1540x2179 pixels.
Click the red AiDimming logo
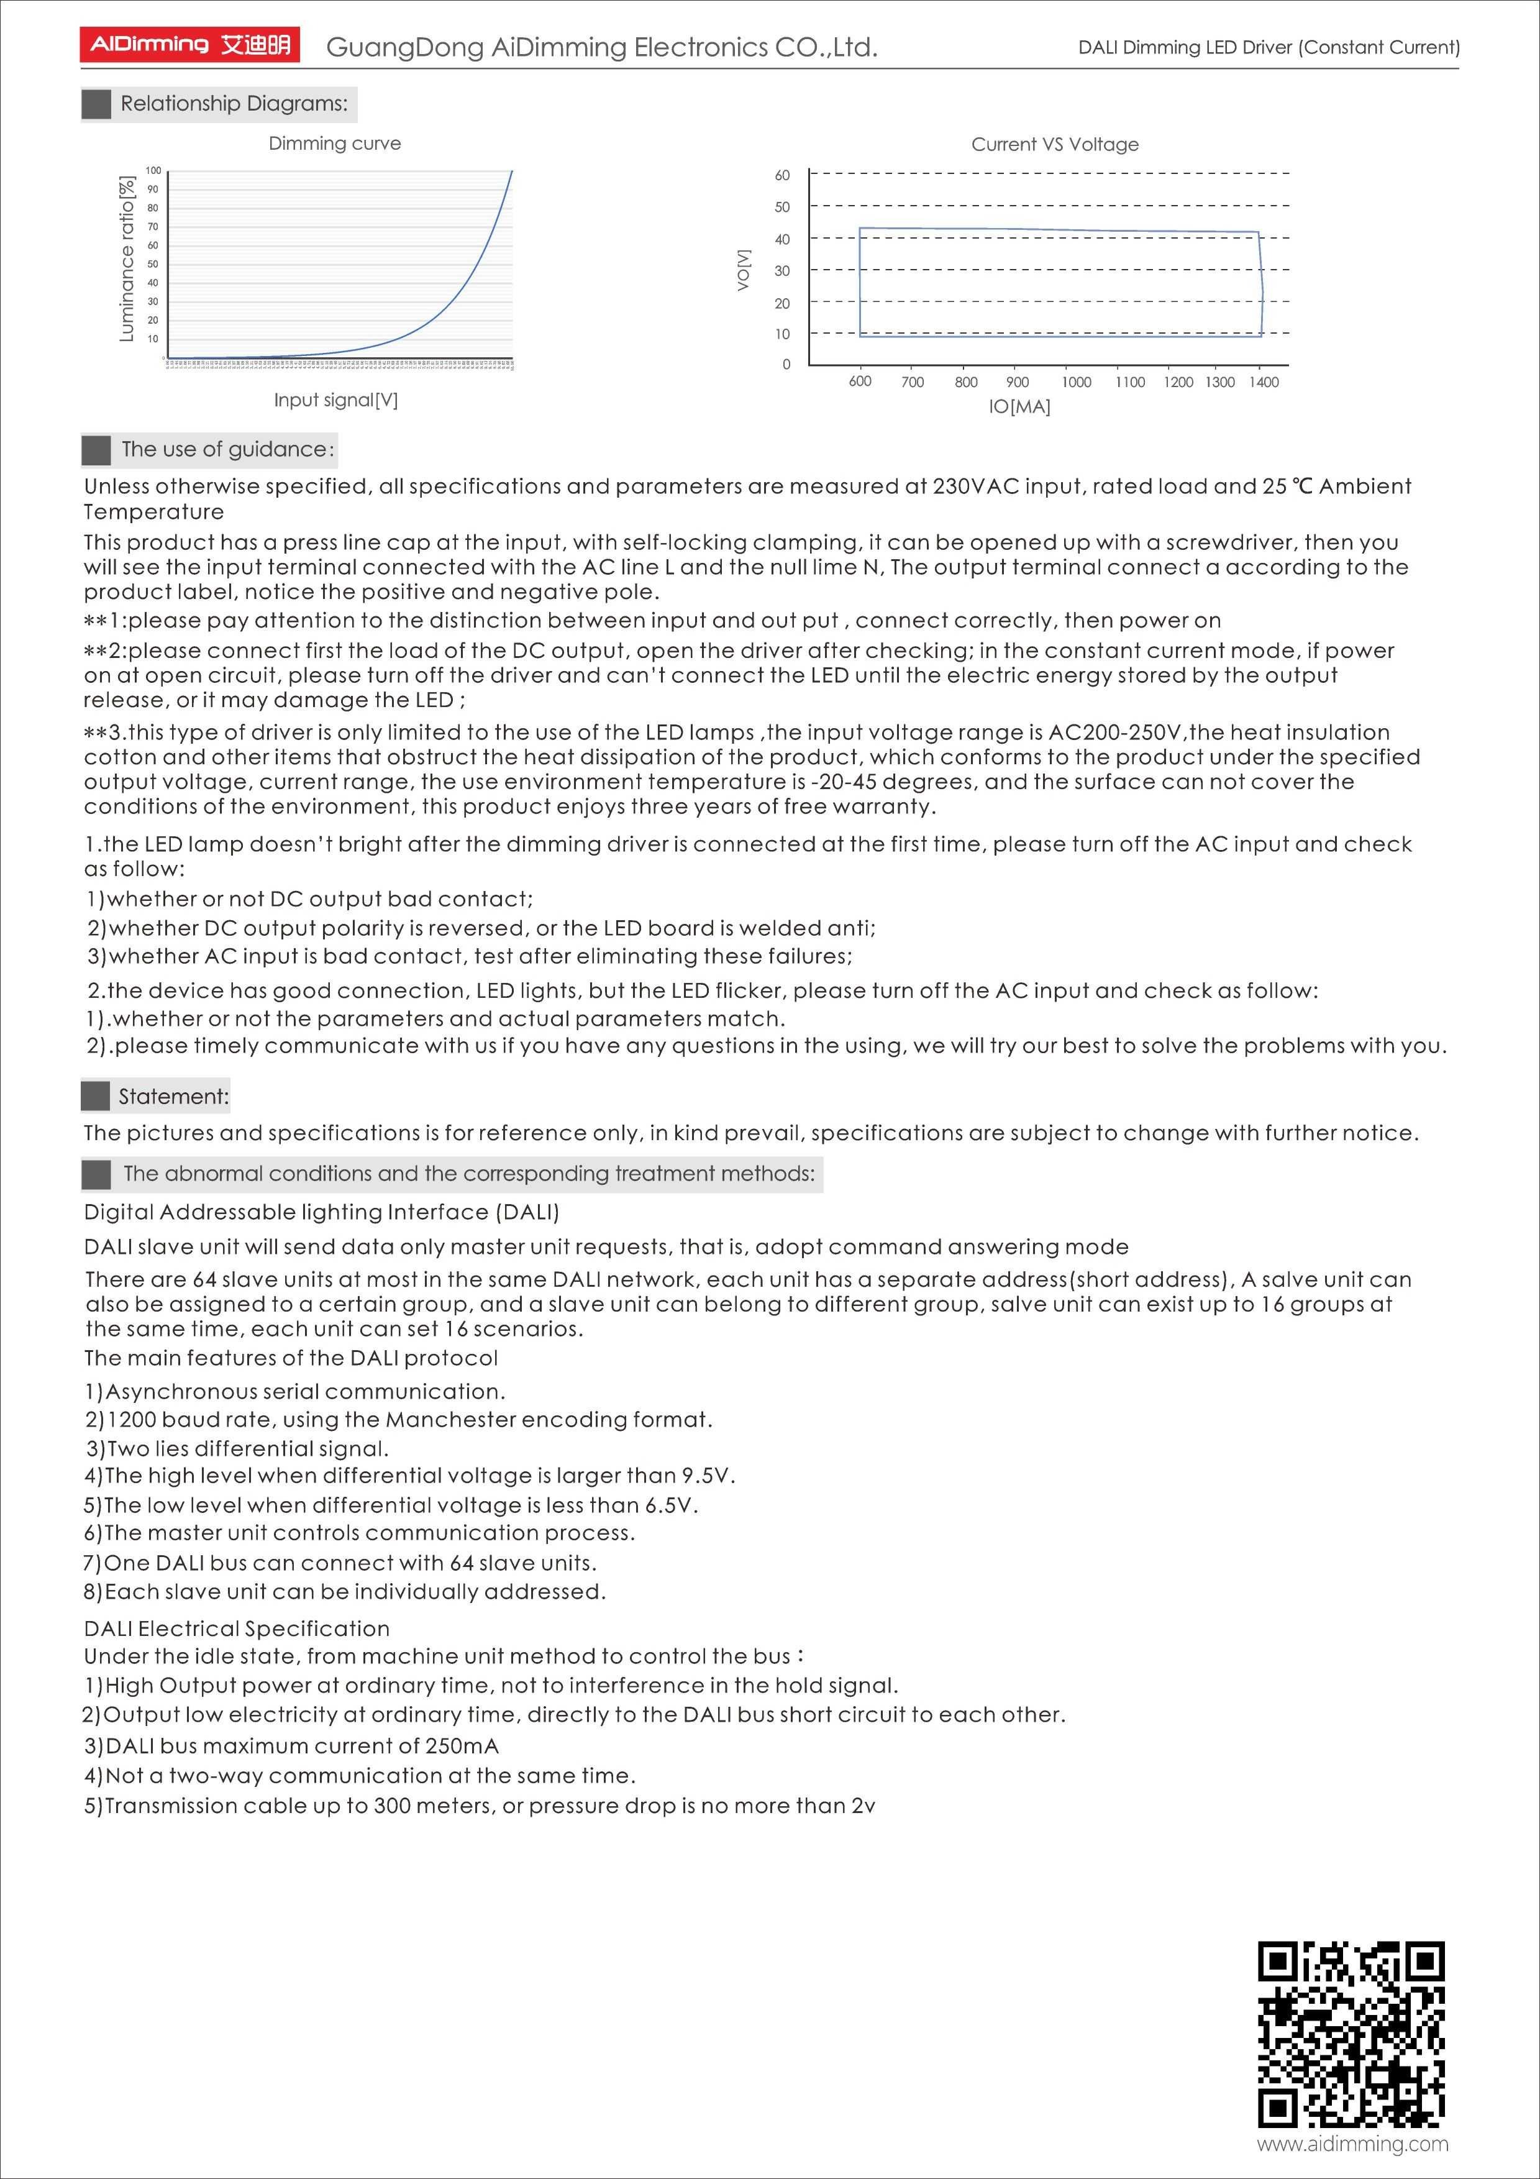[189, 45]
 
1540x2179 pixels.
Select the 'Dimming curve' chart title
[334, 144]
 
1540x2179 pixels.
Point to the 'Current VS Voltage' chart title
[1054, 144]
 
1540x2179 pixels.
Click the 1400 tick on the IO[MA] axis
[1263, 381]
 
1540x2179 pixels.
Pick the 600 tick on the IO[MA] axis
[860, 381]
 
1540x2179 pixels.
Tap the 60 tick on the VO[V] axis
[782, 175]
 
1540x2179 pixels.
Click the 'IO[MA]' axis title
[1019, 407]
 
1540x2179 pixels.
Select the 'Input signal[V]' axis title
[336, 400]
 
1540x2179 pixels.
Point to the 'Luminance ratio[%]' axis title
[126, 258]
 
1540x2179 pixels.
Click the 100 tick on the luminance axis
[153, 171]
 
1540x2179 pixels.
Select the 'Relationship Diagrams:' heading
[234, 103]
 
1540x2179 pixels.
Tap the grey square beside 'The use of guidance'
[96, 450]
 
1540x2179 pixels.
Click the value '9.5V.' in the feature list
[708, 1476]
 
